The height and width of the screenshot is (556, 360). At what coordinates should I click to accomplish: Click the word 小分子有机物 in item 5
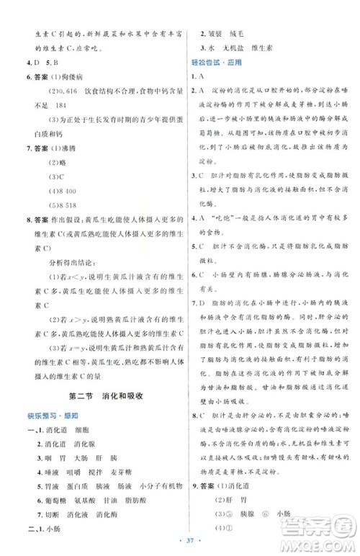pyautogui.click(x=156, y=481)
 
